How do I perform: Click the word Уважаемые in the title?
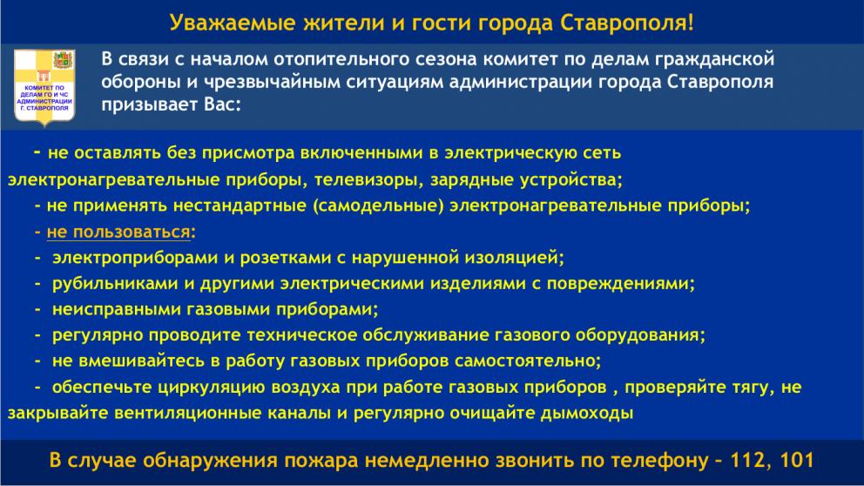(x=226, y=22)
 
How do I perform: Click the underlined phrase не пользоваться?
(x=118, y=233)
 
